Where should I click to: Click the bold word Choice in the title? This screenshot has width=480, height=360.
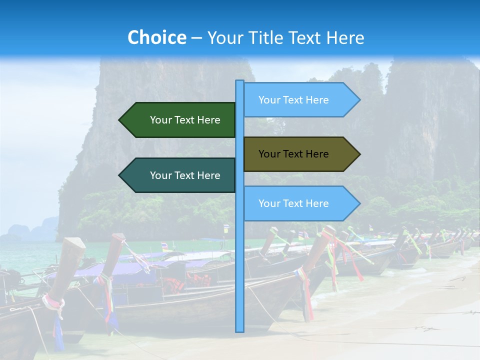tap(156, 38)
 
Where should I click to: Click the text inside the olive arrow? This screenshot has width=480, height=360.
tap(293, 154)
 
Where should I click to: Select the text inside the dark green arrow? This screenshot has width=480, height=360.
tap(185, 120)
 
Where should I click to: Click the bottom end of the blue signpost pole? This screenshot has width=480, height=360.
tap(239, 330)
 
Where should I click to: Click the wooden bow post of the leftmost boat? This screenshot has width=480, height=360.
tap(70, 265)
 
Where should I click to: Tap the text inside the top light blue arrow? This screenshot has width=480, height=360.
tap(293, 100)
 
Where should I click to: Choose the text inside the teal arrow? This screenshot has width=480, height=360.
tap(185, 175)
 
